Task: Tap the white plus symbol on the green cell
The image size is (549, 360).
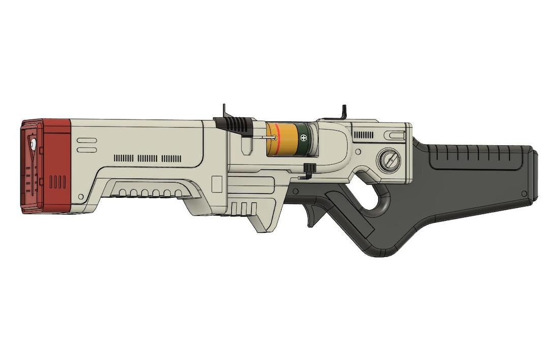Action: click(x=304, y=137)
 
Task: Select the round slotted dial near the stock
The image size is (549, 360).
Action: click(x=389, y=161)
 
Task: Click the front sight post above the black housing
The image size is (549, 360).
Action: click(x=224, y=111)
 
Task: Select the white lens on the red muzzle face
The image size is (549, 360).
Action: click(x=33, y=145)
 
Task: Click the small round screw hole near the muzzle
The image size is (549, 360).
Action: click(x=80, y=196)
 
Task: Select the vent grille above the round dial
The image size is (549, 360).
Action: click(x=363, y=135)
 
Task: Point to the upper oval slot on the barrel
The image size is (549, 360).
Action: click(x=86, y=139)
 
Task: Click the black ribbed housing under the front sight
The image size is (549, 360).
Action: click(x=234, y=123)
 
